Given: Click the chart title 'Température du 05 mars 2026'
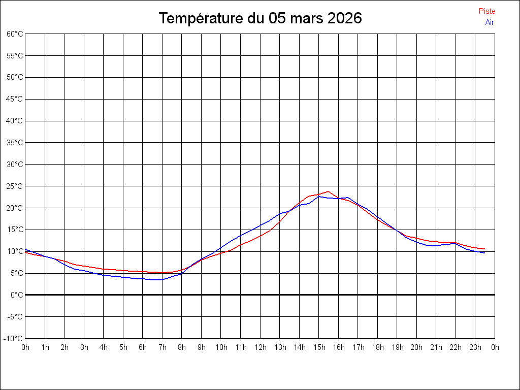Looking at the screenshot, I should (260, 18).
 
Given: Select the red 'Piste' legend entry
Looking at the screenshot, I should (487, 11).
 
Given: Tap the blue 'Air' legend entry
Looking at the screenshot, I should (490, 22).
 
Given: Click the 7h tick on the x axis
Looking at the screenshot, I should (162, 347).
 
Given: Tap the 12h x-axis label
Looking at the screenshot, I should (260, 347).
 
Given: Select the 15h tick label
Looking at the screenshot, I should (319, 347).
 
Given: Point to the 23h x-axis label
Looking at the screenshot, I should (475, 347).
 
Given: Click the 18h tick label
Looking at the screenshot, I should (377, 347).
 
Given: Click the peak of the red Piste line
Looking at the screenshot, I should (329, 191).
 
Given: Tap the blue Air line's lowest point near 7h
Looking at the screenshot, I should (161, 280).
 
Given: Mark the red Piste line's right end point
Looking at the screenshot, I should (484, 249).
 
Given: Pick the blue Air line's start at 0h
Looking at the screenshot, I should (25, 249).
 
